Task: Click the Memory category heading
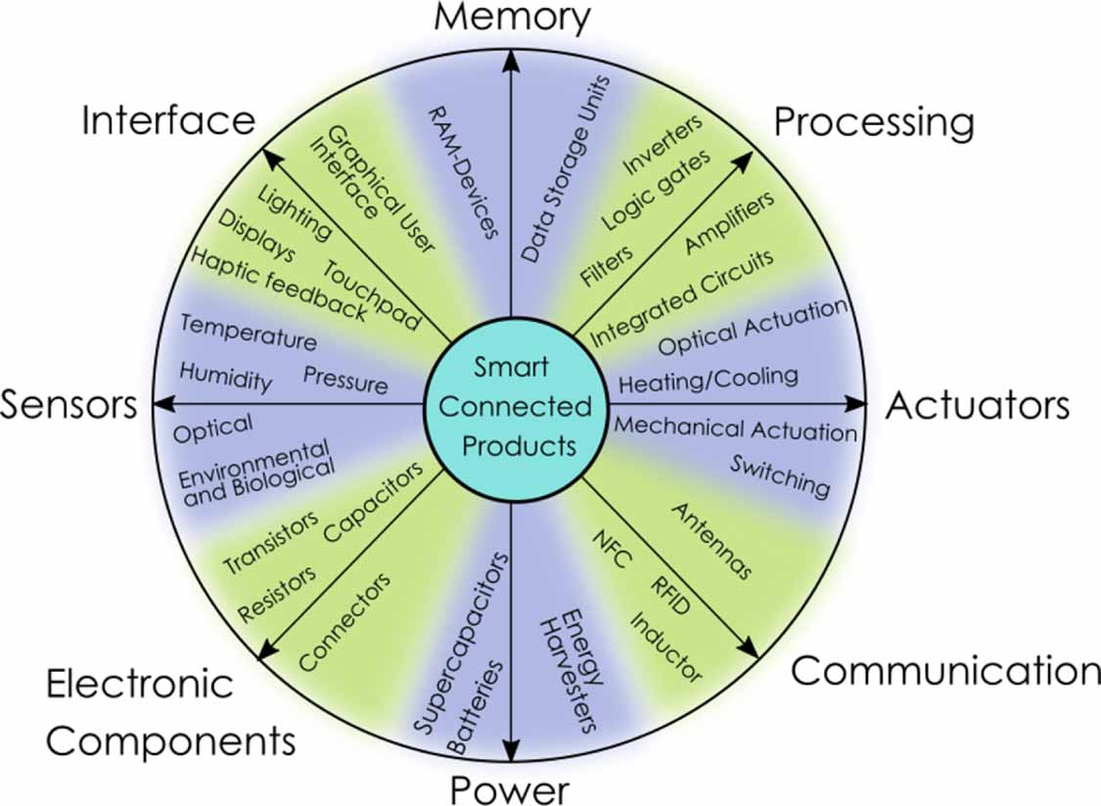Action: tap(512, 17)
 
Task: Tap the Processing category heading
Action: tap(874, 123)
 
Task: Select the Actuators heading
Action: tap(977, 405)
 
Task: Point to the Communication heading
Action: tap(945, 671)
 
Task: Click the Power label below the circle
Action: tap(509, 788)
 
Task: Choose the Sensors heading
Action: tap(69, 405)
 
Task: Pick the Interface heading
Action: tap(168, 121)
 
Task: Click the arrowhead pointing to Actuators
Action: tap(857, 403)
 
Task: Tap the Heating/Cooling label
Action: tap(709, 377)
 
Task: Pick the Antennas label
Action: tap(711, 541)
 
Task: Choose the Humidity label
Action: tap(225, 376)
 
